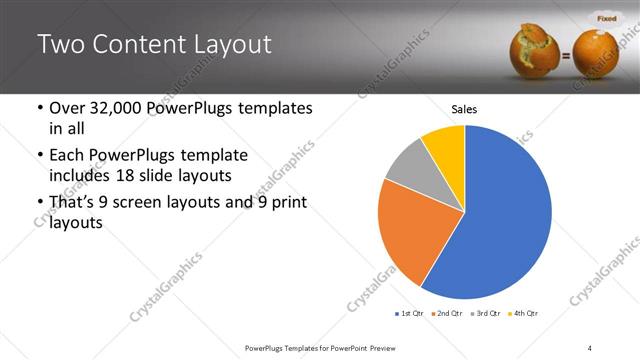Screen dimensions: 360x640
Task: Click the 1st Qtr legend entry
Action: point(409,314)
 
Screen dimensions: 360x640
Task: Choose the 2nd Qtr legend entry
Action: point(447,314)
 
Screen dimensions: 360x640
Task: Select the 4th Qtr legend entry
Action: point(523,314)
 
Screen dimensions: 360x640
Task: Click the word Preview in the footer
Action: point(387,347)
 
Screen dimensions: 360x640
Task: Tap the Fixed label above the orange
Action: point(607,18)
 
